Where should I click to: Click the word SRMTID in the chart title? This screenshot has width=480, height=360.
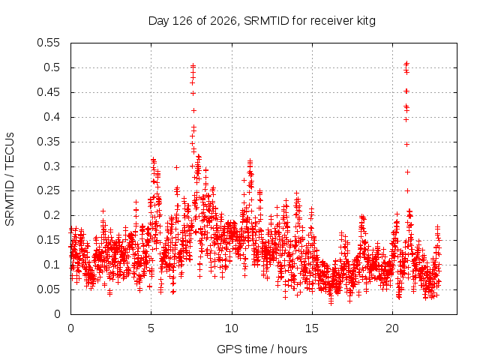pos(266,21)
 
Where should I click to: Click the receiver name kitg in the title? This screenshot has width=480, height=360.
pos(366,22)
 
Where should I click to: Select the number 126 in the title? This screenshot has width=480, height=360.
pos(182,21)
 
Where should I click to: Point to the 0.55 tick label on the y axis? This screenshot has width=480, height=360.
pos(48,43)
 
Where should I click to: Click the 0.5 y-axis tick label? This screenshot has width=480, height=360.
pos(52,67)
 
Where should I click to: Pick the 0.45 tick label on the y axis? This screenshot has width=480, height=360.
pos(48,92)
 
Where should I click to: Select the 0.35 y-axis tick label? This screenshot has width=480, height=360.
pos(48,142)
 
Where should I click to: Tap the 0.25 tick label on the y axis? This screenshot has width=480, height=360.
pos(48,190)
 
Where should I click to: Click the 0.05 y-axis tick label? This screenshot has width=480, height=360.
pos(48,289)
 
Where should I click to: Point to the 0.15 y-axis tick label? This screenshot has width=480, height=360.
pos(48,240)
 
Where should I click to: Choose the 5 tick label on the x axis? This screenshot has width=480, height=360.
pos(151,328)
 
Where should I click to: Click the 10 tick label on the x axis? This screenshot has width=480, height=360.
pos(232,328)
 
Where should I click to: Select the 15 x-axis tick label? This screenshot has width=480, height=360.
pos(312,328)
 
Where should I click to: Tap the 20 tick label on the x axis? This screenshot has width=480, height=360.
pos(392,328)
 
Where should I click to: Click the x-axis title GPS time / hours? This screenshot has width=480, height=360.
pos(262,349)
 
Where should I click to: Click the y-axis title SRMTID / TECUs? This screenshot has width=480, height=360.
pos(10,179)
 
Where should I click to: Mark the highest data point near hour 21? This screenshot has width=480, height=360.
pos(406,63)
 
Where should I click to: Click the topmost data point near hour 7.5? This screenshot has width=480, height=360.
pos(193,65)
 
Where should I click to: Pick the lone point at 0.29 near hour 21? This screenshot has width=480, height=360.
pos(407,172)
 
